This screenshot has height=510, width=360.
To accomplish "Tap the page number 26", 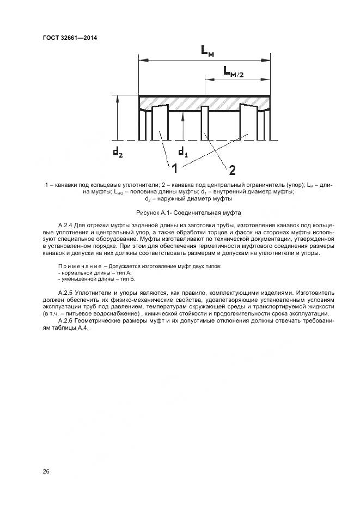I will point(46,471).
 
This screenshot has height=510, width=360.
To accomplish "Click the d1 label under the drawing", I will point(183,150).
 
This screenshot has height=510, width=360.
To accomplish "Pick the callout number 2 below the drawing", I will point(232,170).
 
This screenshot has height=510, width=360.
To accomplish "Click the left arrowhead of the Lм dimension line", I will point(141,60).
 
